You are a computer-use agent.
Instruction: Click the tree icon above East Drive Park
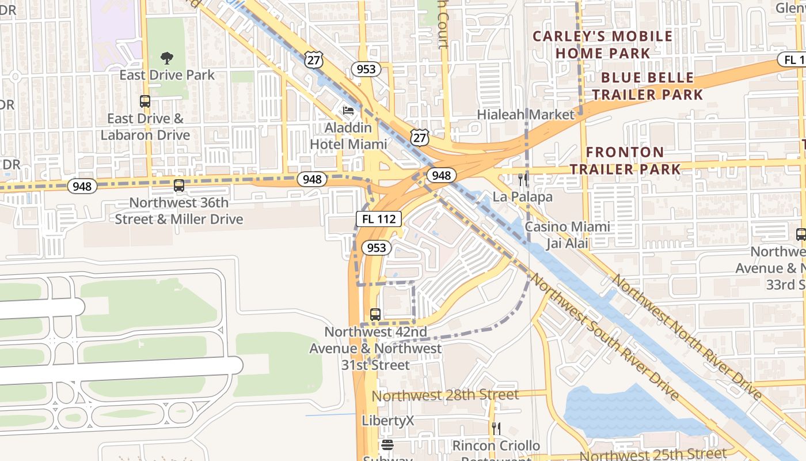[167, 58]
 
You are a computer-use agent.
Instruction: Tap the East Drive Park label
[167, 75]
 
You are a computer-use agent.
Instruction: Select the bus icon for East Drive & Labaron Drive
[145, 101]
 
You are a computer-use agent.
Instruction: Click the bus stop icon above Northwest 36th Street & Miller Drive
[179, 186]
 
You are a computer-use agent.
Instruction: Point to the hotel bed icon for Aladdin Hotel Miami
[348, 110]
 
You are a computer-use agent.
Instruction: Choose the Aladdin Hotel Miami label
[348, 135]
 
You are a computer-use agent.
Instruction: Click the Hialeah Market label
[526, 115]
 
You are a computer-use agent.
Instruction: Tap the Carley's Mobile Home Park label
[602, 44]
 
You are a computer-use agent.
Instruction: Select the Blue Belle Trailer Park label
[648, 86]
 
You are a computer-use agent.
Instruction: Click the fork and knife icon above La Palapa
[523, 179]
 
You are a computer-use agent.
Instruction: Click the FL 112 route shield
[378, 219]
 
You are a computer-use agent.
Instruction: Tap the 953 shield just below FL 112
[377, 248]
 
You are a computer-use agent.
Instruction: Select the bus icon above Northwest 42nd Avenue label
[375, 315]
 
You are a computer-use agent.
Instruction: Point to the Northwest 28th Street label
[446, 395]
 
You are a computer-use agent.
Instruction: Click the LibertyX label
[388, 421]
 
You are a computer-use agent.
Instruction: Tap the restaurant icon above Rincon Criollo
[496, 428]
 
